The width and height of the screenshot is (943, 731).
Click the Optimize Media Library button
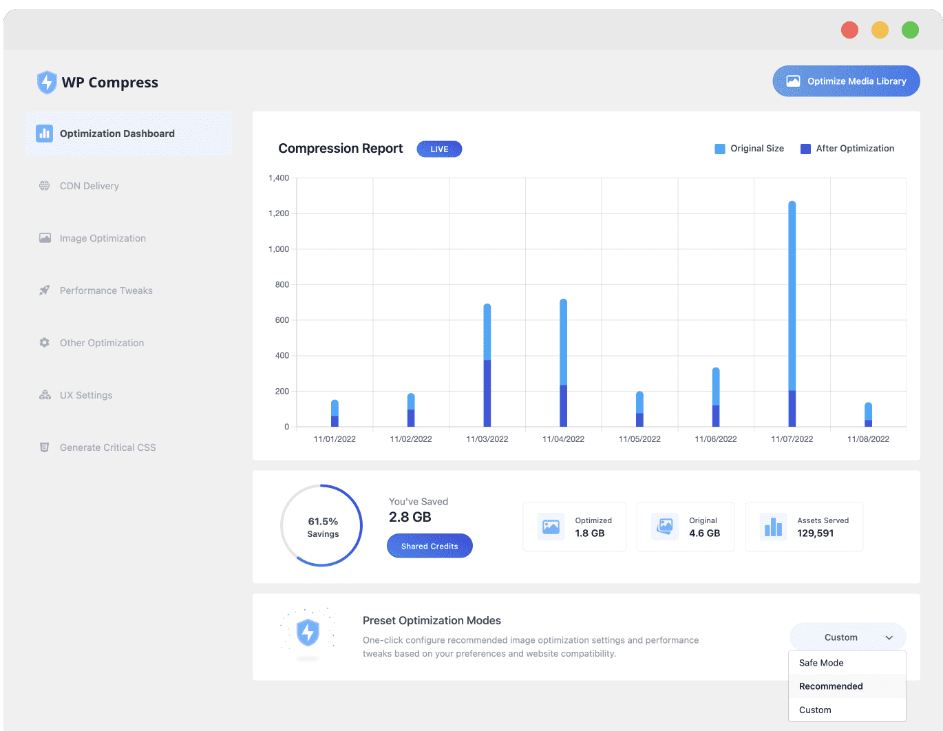point(845,81)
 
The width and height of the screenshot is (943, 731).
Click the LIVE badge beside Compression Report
point(438,149)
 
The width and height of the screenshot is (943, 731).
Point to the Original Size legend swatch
point(719,149)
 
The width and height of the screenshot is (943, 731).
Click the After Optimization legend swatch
point(805,149)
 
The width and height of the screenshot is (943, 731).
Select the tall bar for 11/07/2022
point(791,314)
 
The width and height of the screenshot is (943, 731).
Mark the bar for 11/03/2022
point(487,365)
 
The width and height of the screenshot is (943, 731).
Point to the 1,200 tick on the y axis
point(278,213)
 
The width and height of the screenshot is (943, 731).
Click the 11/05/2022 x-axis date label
point(639,438)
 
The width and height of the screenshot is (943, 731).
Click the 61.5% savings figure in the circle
point(322,521)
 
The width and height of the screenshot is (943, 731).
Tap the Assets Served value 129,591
point(814,533)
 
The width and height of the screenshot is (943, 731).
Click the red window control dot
point(849,30)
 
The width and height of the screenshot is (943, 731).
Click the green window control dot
point(909,30)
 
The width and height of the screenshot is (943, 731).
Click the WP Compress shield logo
point(47,82)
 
